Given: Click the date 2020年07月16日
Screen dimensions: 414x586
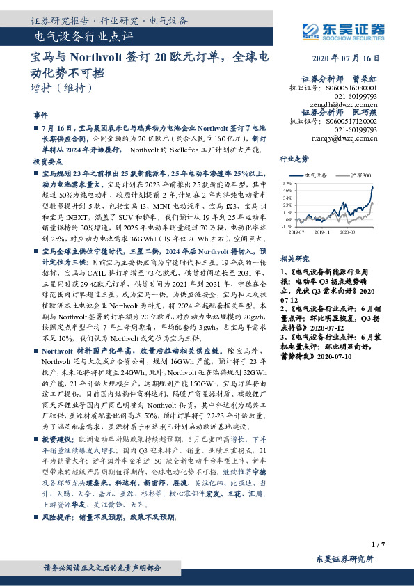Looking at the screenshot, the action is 351,58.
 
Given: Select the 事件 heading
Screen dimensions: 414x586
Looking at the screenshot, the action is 40,114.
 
